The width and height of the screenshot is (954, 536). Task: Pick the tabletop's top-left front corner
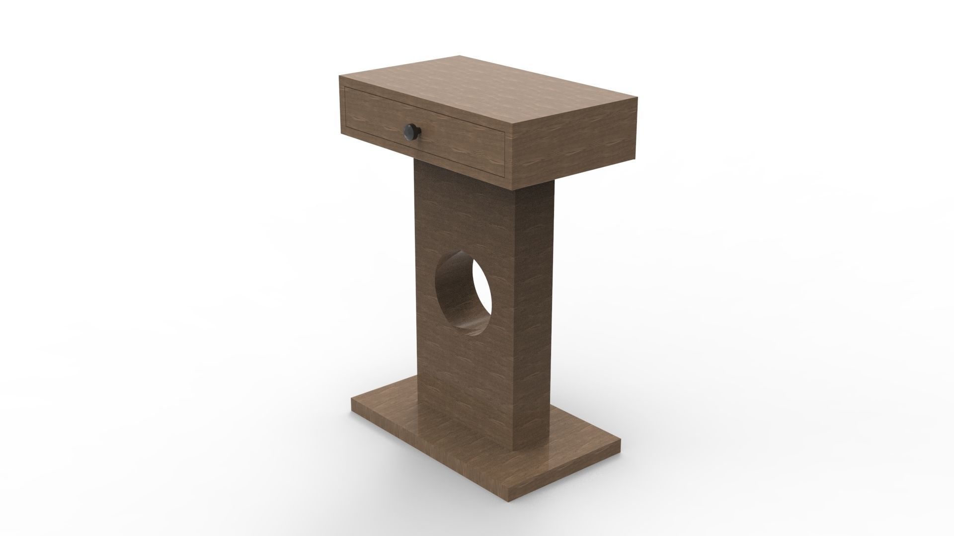339,76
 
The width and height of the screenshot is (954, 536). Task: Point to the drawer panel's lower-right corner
505,176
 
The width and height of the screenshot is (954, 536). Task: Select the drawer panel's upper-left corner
345,88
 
